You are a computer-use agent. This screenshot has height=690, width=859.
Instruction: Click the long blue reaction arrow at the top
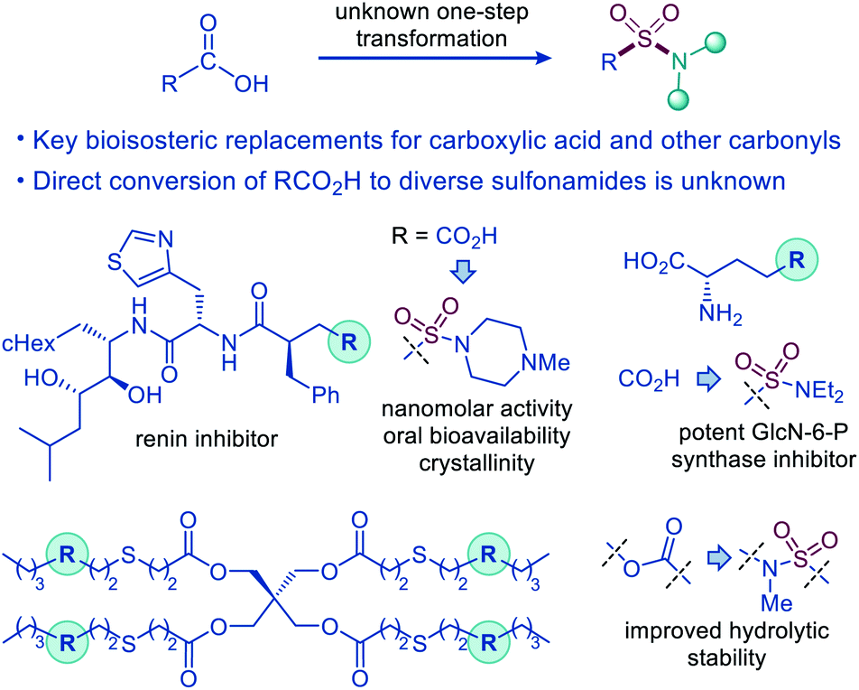point(435,58)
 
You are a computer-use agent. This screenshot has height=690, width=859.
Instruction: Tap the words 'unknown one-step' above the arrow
point(431,12)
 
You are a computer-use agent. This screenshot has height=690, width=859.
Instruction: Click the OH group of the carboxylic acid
point(252,84)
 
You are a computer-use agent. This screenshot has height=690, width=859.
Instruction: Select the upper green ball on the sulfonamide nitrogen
point(715,42)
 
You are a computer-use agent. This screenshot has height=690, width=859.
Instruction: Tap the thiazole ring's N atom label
point(165,239)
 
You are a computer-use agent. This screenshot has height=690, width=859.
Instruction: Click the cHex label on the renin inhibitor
point(29,343)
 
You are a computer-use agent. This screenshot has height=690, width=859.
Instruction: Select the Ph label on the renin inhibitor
point(326,395)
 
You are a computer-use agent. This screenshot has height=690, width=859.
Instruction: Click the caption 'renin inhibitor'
point(207,439)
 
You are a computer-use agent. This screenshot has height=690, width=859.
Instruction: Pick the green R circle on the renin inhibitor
point(349,342)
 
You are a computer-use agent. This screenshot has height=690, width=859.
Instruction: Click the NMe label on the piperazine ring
point(546,363)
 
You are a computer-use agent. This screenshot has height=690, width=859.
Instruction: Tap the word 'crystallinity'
point(476,463)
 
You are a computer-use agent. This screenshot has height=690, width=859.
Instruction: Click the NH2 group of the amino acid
point(720,315)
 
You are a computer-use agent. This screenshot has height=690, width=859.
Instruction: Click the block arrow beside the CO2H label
point(709,379)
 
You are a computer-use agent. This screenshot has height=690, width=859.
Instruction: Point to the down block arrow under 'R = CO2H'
point(464,272)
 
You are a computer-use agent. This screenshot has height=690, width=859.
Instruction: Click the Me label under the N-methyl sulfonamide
point(776,603)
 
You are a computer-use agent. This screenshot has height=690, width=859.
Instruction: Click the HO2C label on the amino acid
point(654,262)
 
